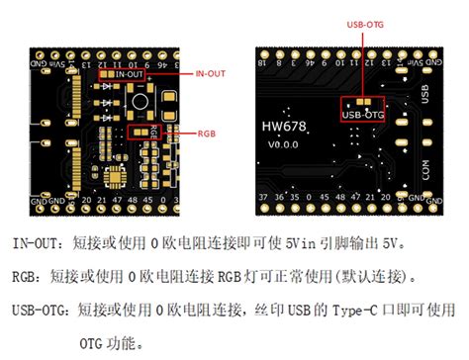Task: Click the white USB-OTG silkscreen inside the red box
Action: (363, 113)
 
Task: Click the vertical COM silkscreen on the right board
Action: (425, 169)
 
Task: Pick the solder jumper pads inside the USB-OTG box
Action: (363, 101)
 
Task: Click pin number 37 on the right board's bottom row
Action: (262, 198)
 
